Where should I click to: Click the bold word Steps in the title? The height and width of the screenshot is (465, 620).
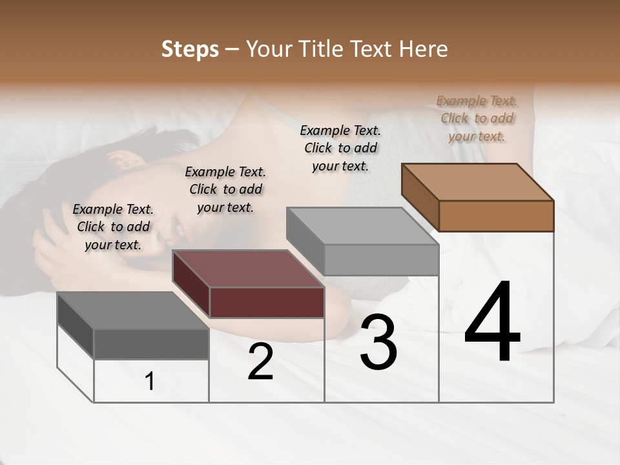click(x=190, y=49)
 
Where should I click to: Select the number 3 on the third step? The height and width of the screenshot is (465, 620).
click(x=378, y=342)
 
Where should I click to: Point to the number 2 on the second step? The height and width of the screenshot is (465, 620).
click(x=260, y=362)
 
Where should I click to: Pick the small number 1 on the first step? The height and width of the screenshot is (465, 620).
click(x=150, y=382)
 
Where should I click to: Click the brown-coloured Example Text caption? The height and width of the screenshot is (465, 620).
click(x=477, y=118)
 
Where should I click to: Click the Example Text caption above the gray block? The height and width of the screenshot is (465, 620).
click(x=340, y=148)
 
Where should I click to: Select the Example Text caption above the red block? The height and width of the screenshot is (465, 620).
click(x=225, y=189)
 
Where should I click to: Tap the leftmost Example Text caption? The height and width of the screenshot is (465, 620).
click(x=113, y=227)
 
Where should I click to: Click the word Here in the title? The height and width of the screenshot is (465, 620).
click(x=424, y=49)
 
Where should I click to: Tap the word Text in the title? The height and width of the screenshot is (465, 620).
click(x=373, y=49)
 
